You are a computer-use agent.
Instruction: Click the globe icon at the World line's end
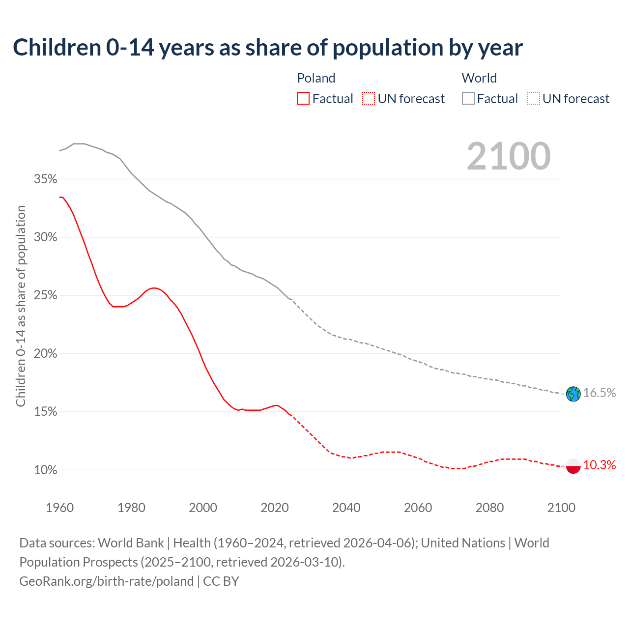tap(573, 394)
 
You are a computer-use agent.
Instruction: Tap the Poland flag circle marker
tap(573, 465)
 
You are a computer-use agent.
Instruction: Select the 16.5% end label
tap(600, 393)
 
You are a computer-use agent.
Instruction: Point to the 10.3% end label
tap(600, 465)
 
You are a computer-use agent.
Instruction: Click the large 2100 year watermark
tap(509, 156)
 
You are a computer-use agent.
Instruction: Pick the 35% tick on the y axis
tap(46, 179)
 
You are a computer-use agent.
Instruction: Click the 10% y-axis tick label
tap(46, 470)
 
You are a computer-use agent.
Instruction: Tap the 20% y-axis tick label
tap(46, 353)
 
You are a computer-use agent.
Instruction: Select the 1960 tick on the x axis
tap(59, 508)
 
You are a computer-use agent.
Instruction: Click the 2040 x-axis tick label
tap(346, 508)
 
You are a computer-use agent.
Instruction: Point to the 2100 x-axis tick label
tap(561, 508)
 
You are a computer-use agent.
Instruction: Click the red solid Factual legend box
tap(303, 99)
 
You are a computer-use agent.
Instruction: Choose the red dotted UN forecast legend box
tap(369, 99)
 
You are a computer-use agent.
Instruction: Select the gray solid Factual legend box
tap(468, 99)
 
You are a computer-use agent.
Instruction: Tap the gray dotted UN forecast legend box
tap(534, 99)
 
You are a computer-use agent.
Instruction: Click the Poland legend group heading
tap(316, 78)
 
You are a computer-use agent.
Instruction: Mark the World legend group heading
tap(479, 78)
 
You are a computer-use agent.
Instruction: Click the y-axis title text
tap(21, 306)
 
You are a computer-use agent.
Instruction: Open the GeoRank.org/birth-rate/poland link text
tap(107, 581)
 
